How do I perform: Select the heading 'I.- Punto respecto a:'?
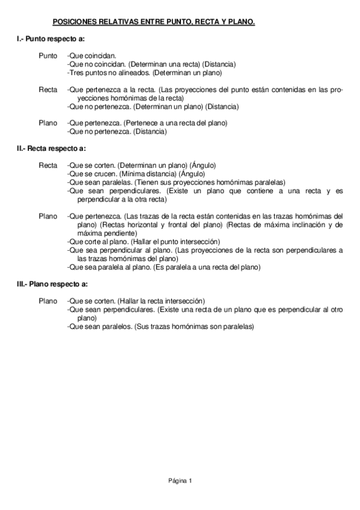50,38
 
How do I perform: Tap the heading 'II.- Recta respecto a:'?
52,148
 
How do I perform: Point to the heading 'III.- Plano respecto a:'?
53,284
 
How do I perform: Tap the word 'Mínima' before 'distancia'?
132,174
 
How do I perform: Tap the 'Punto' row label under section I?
48,56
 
